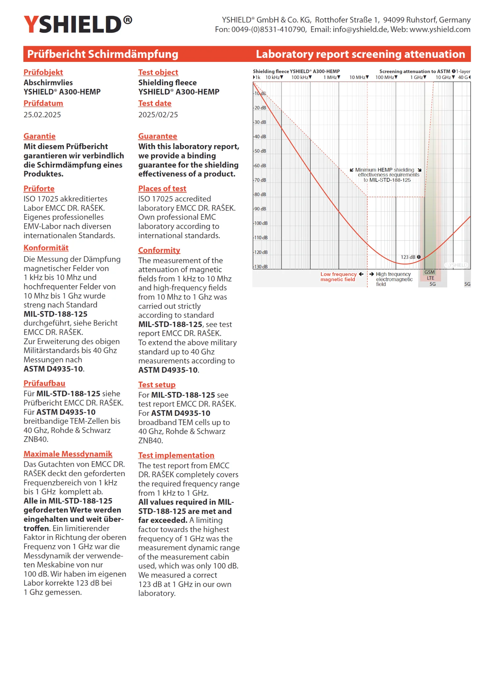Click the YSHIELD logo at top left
(x=78, y=24)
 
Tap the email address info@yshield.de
(x=360, y=30)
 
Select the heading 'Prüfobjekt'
(x=43, y=72)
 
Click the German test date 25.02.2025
(x=42, y=115)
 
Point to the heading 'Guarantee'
(x=157, y=136)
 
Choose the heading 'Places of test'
(x=162, y=189)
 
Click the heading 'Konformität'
(x=46, y=248)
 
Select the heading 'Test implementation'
(x=176, y=455)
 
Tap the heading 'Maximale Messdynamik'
(x=68, y=454)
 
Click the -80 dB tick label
(x=260, y=195)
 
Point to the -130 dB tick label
(x=261, y=267)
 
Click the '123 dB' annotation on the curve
(x=408, y=257)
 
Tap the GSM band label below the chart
(x=429, y=272)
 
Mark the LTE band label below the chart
(x=430, y=278)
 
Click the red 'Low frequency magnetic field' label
(x=338, y=277)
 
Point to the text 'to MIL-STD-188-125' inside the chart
(x=387, y=180)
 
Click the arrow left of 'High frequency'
(x=372, y=274)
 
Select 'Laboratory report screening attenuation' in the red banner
(x=360, y=54)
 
